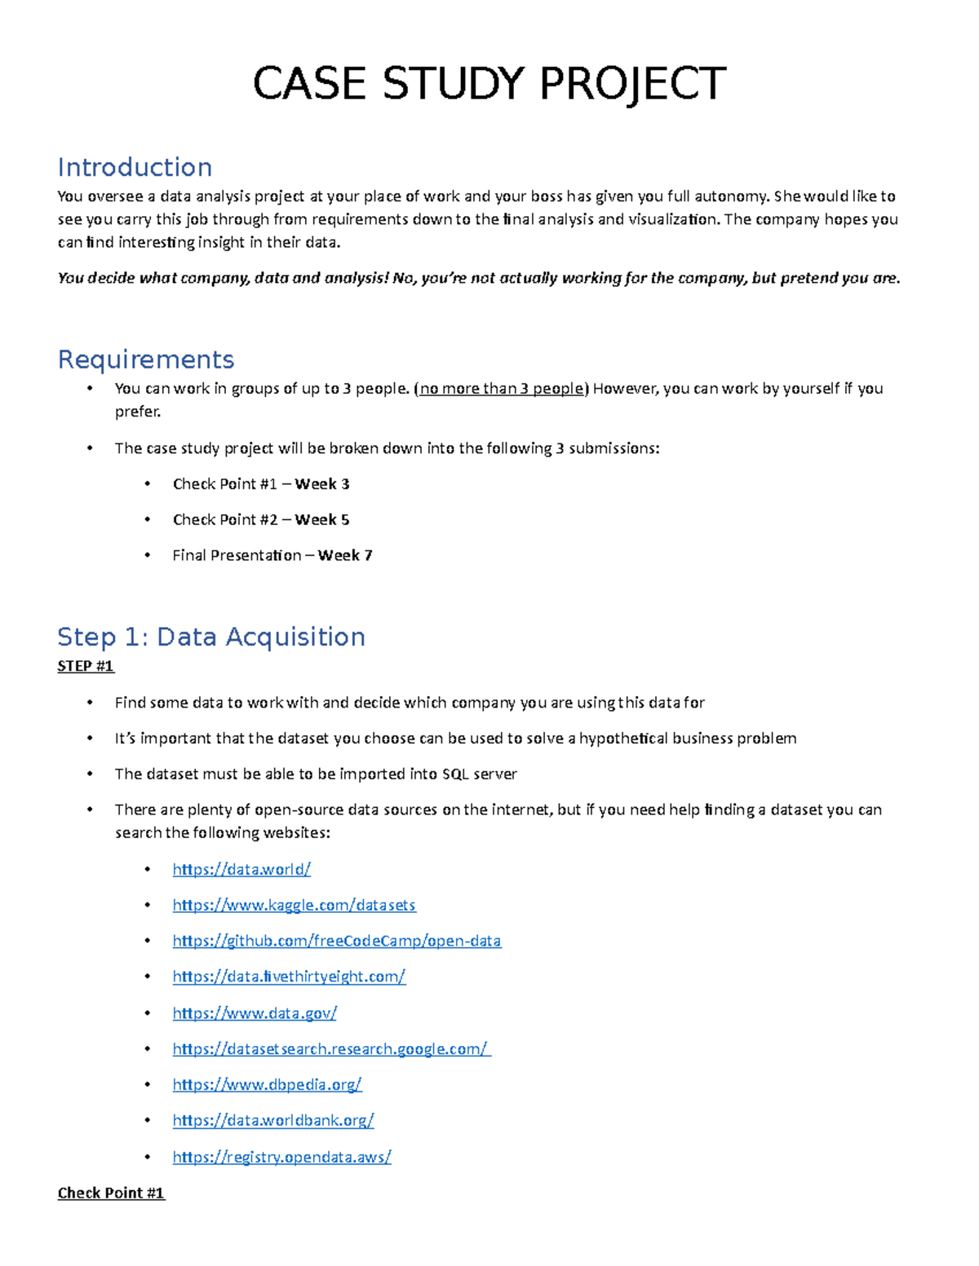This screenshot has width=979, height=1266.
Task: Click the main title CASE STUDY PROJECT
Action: click(x=489, y=84)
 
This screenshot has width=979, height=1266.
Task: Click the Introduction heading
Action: click(x=135, y=167)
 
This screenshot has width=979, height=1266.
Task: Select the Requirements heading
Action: click(x=146, y=360)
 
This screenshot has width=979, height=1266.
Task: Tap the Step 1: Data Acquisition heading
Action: click(x=211, y=637)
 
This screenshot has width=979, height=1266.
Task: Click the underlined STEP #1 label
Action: click(x=86, y=666)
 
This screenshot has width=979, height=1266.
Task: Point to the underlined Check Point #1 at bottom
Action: click(x=111, y=1193)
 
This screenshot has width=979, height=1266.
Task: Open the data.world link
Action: click(x=241, y=869)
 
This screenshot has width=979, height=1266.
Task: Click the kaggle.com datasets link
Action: click(x=294, y=905)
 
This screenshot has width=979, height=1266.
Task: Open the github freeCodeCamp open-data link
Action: click(x=336, y=941)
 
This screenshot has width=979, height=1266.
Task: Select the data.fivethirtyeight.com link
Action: click(x=289, y=977)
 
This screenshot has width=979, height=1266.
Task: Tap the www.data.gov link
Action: click(x=255, y=1013)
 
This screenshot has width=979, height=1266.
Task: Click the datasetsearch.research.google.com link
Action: click(x=330, y=1049)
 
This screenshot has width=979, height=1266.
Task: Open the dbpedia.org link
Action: click(x=267, y=1085)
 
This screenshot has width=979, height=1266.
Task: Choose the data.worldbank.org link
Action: click(x=273, y=1121)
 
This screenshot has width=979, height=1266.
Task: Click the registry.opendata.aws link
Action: click(x=281, y=1157)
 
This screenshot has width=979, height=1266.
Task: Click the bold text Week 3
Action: click(x=322, y=484)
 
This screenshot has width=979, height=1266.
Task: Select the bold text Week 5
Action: click(x=322, y=520)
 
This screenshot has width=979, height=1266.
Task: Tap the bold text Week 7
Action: click(x=345, y=556)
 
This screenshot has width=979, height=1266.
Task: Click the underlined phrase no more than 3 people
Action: click(x=502, y=389)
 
